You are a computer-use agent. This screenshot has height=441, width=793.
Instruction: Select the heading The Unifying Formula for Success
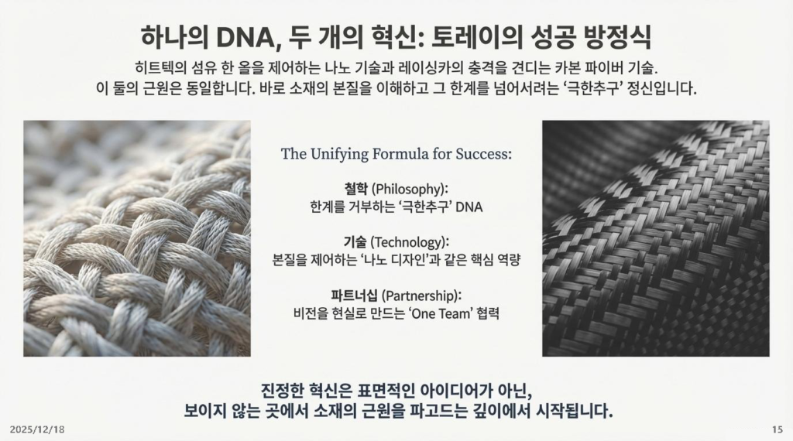(396, 153)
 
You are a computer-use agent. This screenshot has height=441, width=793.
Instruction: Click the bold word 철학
(356, 189)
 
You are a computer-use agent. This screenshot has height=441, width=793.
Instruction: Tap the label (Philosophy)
(410, 190)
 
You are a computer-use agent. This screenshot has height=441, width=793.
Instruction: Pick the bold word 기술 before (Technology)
(355, 242)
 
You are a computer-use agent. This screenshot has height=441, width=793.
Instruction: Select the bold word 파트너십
(354, 296)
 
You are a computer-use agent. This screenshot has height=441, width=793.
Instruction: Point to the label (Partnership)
(421, 296)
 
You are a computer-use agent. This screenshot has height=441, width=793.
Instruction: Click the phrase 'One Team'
(440, 313)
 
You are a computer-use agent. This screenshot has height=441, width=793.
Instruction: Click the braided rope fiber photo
(137, 238)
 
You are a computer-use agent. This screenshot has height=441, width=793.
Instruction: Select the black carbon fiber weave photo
(656, 238)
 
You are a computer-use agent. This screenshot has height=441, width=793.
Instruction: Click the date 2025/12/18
(37, 430)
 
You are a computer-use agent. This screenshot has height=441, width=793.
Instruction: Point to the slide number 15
(778, 430)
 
